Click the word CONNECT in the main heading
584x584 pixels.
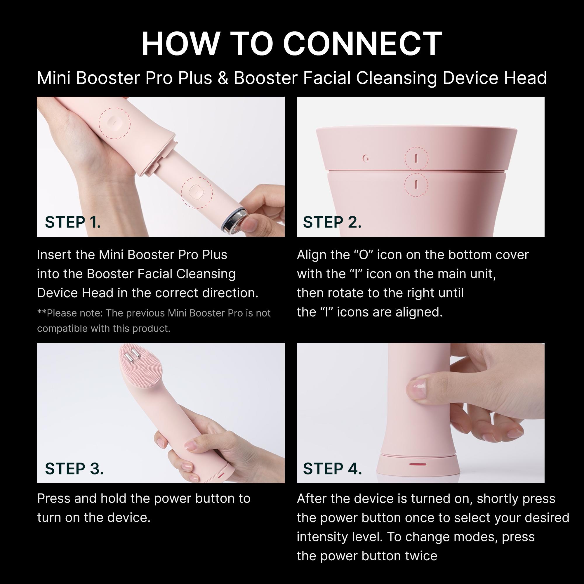(x=362, y=44)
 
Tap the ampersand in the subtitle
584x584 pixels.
(x=223, y=78)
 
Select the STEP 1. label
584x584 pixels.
(x=73, y=222)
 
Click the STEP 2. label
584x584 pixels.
(x=332, y=222)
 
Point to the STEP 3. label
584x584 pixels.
(x=74, y=469)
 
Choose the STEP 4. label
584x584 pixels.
(x=333, y=469)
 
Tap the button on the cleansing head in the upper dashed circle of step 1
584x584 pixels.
(x=114, y=123)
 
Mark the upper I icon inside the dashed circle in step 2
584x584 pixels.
(x=416, y=158)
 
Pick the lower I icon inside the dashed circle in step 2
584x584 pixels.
(x=416, y=184)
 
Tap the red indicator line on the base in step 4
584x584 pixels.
(x=418, y=464)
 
